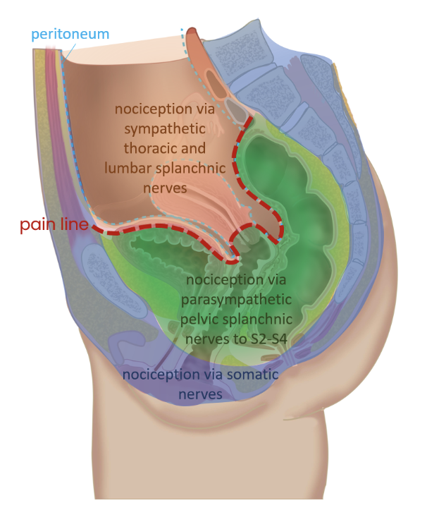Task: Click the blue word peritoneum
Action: tap(70, 33)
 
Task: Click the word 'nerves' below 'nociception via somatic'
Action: tap(199, 394)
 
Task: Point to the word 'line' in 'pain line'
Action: tap(75, 226)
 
